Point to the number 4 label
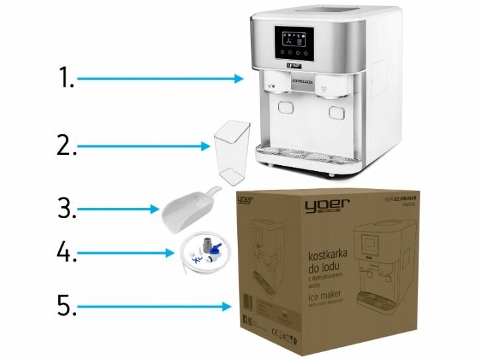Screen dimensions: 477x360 (x=66, y=253)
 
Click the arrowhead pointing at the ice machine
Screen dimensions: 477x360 (x=240, y=79)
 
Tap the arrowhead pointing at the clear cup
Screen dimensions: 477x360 (x=206, y=143)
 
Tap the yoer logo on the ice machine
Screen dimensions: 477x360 (x=293, y=66)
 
